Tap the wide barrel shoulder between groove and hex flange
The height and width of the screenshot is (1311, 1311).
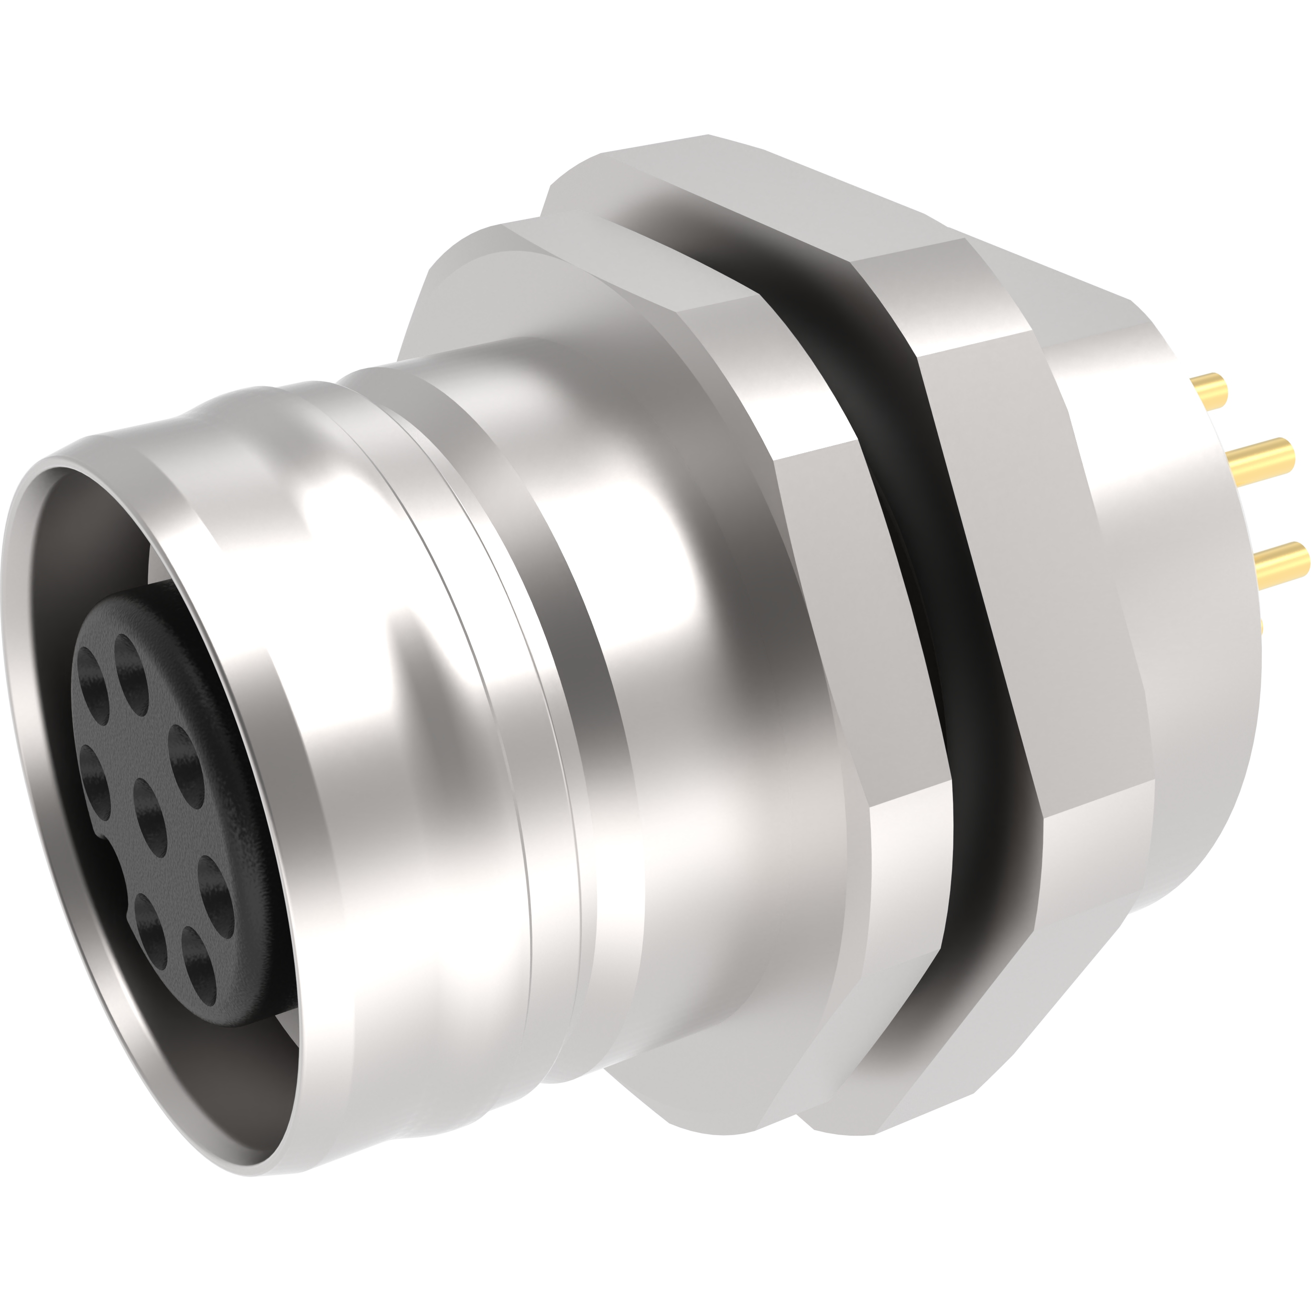coord(679,679)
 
